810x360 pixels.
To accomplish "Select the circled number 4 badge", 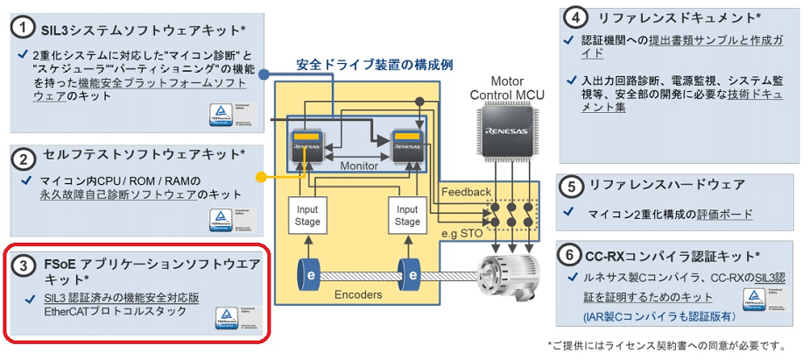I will click(575, 18).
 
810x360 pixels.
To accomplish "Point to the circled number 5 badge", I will click(571, 186).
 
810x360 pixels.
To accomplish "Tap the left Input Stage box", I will click(308, 215).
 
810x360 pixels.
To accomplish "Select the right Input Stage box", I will click(407, 215).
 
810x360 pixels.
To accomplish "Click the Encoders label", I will click(359, 295).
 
